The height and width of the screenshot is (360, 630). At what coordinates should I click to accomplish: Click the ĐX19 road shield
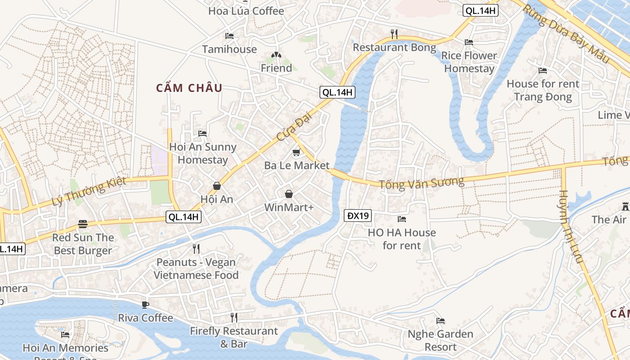coord(358,216)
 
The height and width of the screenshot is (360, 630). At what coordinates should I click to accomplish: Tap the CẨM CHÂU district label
coord(189,88)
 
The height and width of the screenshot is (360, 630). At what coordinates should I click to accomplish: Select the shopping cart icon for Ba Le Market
coord(296,153)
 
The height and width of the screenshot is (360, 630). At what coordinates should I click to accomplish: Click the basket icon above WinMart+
coord(289,194)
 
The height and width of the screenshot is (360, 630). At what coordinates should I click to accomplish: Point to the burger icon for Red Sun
coord(82,224)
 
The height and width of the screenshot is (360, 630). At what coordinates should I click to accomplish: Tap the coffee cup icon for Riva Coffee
coord(145,305)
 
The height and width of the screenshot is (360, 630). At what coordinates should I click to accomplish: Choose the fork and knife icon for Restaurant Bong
coord(394,34)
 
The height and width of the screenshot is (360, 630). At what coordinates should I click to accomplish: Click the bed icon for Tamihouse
coord(229,36)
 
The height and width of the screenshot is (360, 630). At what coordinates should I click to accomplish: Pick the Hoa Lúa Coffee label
coord(246,11)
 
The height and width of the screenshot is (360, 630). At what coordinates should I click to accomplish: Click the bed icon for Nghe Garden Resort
coord(441,321)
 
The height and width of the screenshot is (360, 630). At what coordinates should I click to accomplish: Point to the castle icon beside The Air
coord(625,207)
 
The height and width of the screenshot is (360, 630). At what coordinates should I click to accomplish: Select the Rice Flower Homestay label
coord(469,62)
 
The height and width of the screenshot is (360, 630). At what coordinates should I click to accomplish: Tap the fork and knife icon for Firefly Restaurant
coord(234,318)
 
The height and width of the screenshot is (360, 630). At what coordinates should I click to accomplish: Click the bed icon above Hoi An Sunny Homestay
coord(202,134)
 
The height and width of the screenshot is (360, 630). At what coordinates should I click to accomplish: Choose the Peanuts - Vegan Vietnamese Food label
coord(196,269)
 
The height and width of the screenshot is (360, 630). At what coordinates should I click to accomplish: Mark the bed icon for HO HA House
coord(402,219)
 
